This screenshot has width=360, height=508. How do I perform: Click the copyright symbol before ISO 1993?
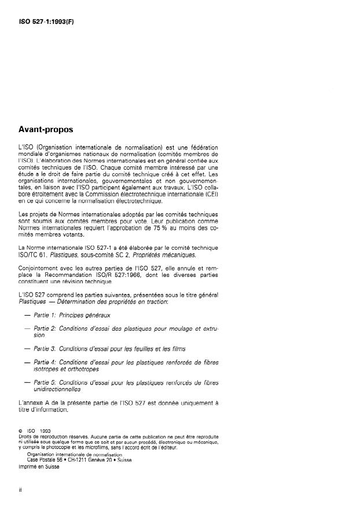pos(20,431)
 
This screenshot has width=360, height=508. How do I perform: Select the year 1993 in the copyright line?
pos(46,431)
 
